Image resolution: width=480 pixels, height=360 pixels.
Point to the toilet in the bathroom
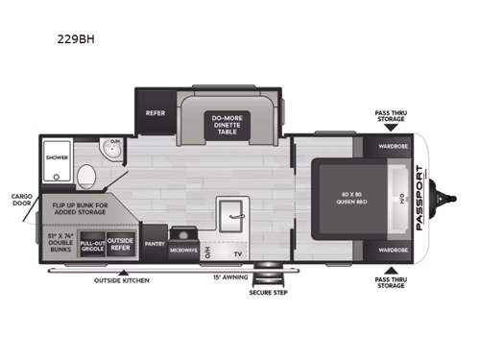(86, 176)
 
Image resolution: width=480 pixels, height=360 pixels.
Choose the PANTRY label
(154, 245)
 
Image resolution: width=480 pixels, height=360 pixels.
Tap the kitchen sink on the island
(230, 213)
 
